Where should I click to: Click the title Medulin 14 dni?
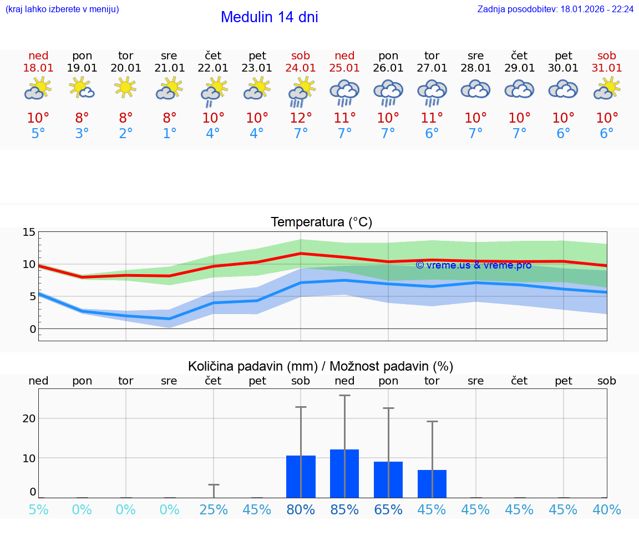click(x=269, y=17)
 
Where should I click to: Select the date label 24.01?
click(x=301, y=68)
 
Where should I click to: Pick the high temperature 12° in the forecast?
click(x=301, y=118)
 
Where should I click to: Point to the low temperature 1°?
click(x=170, y=134)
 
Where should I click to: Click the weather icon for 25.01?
click(x=344, y=92)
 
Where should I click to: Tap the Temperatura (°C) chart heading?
click(x=321, y=223)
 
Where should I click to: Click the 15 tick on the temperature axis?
click(x=29, y=232)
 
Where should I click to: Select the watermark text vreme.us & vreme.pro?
click(x=473, y=265)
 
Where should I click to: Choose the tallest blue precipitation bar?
click(x=344, y=474)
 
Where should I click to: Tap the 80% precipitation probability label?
click(x=301, y=510)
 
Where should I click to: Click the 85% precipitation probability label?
click(x=344, y=510)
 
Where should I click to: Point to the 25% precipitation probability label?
click(x=214, y=510)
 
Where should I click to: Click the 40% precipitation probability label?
click(x=607, y=510)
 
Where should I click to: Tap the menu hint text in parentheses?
click(x=62, y=9)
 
